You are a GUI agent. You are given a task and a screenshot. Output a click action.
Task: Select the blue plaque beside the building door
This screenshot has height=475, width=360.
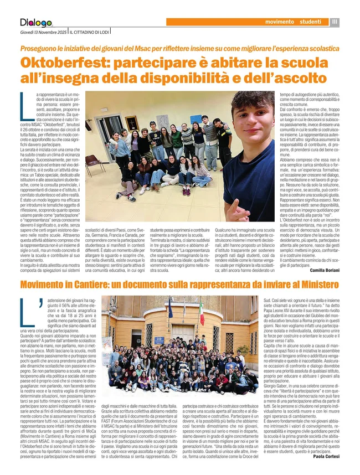[x=159, y=339]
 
